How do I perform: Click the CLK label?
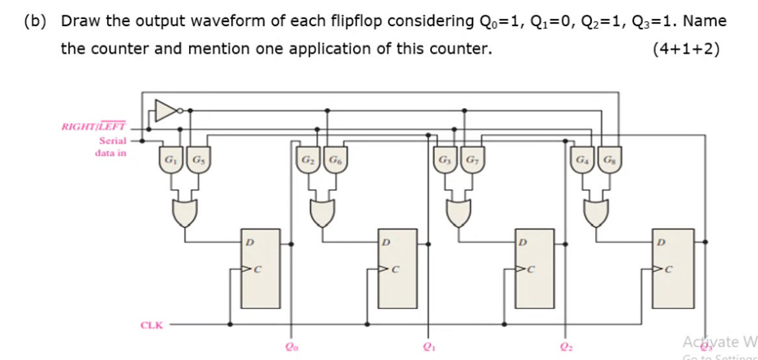click(152, 324)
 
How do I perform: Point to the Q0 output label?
click(290, 347)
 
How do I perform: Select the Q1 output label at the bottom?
click(427, 347)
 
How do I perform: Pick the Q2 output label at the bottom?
click(567, 347)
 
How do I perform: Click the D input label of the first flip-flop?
click(248, 243)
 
